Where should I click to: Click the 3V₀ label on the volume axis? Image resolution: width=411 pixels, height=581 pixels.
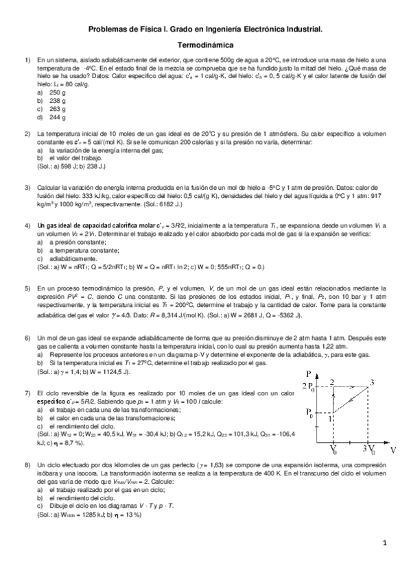[x=369, y=451]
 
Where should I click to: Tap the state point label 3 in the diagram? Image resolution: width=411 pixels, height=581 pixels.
[x=371, y=382]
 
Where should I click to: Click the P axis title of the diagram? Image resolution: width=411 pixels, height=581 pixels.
[x=310, y=373]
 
